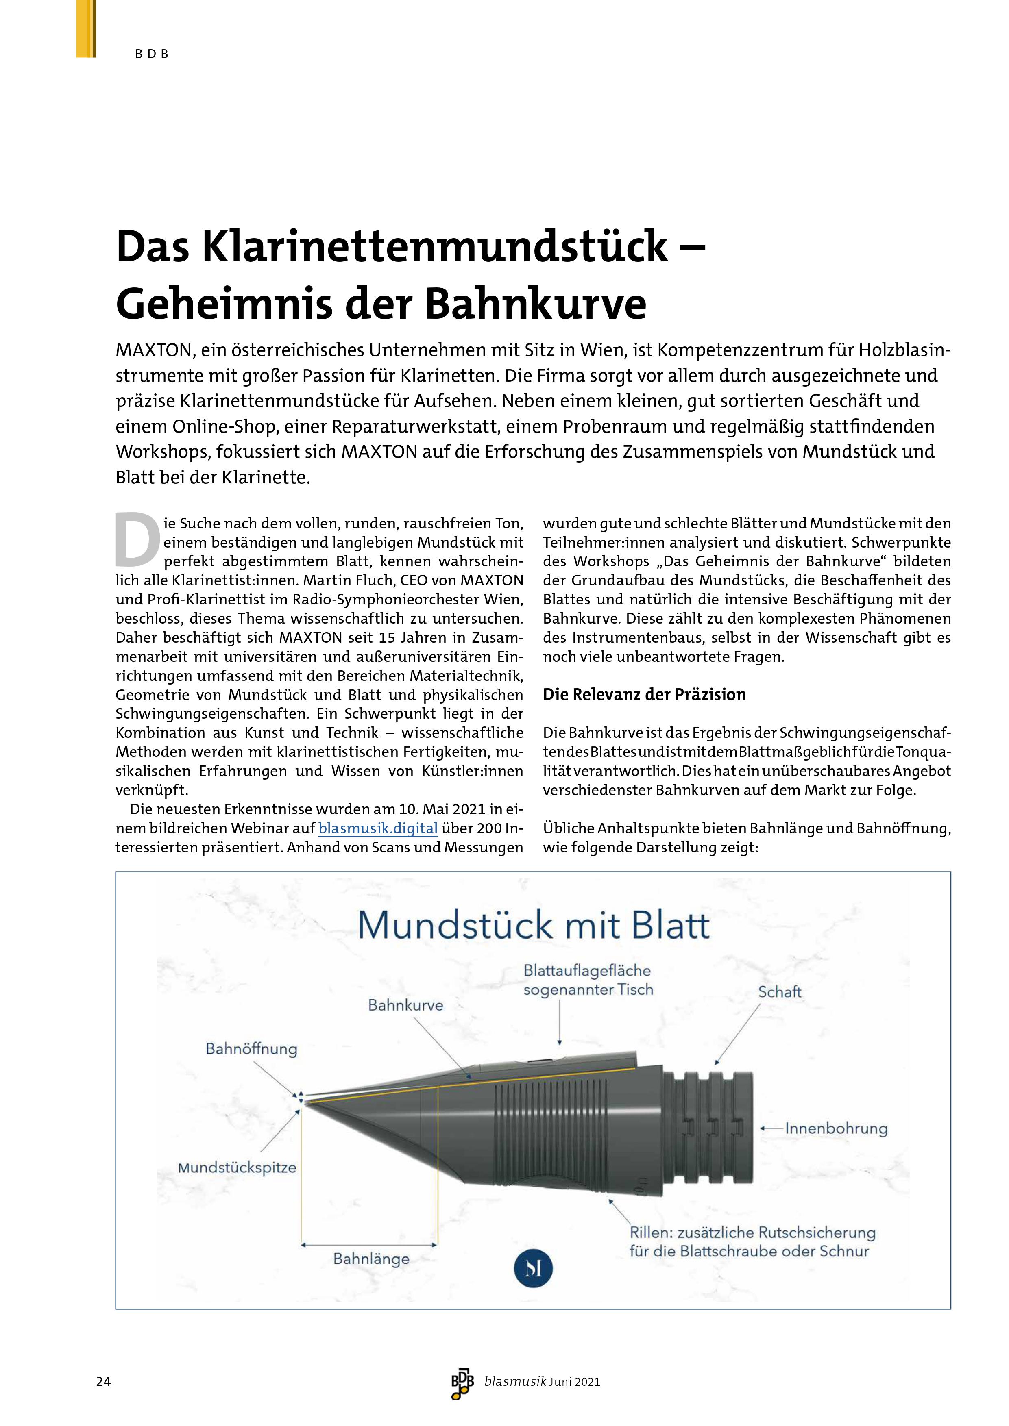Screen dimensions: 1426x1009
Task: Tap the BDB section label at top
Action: click(152, 54)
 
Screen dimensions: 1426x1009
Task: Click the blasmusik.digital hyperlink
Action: click(378, 828)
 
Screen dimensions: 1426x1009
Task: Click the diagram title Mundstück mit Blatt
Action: click(533, 926)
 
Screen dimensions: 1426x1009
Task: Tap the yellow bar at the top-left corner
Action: click(86, 28)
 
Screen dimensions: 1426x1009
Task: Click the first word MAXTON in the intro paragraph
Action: click(153, 350)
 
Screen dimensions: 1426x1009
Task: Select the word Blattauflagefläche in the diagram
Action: click(587, 970)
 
